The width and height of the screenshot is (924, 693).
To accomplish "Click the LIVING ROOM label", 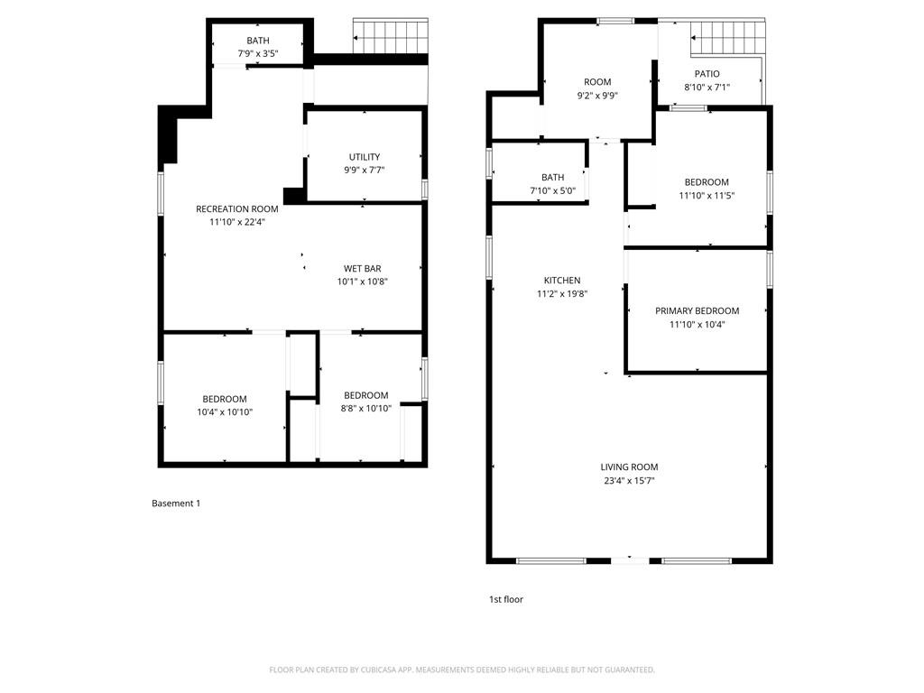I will [629, 467].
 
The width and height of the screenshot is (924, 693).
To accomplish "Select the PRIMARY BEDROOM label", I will [697, 311].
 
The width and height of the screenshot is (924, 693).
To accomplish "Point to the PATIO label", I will [707, 74].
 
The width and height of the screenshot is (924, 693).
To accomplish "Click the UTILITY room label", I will [365, 157].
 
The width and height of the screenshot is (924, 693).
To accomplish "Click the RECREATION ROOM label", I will [237, 209].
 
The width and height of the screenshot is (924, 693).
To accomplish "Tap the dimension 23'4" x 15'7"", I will [629, 481].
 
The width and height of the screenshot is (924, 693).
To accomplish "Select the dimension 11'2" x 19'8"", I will [561, 293].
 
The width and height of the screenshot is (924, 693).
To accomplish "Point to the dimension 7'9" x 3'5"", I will [258, 53].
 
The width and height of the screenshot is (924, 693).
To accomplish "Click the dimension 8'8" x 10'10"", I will [365, 408].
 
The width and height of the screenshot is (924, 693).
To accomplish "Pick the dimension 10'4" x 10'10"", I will [225, 412].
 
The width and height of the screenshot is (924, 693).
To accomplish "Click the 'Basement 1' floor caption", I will [176, 504].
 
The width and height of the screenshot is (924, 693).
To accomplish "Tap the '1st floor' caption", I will [505, 599].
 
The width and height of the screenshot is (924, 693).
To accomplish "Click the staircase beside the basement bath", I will [388, 38].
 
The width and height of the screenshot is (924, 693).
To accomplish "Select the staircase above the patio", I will [727, 38].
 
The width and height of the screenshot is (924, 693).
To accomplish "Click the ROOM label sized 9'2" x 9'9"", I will [597, 82].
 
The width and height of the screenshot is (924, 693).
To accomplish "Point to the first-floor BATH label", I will [552, 178].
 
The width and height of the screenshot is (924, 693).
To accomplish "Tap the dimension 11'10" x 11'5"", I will [706, 195].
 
